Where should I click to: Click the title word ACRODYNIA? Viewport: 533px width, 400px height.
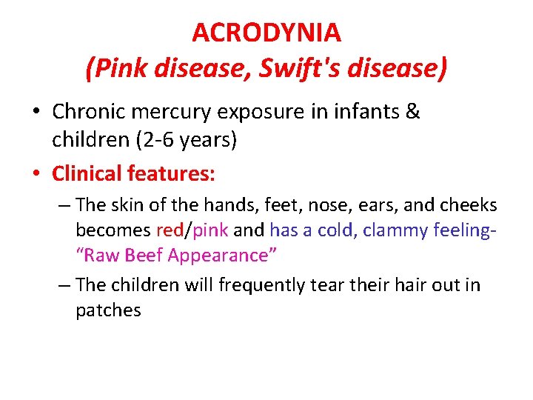(266, 33)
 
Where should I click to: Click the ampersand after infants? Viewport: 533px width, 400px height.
(413, 112)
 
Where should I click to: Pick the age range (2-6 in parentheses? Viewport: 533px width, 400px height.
(152, 140)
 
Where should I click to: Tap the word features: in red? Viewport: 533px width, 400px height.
(172, 174)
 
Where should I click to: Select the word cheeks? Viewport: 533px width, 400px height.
(472, 204)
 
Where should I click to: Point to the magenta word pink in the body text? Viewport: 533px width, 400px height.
(211, 230)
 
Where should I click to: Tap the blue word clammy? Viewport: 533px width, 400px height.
(398, 230)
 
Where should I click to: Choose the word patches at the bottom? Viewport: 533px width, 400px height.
(108, 310)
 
